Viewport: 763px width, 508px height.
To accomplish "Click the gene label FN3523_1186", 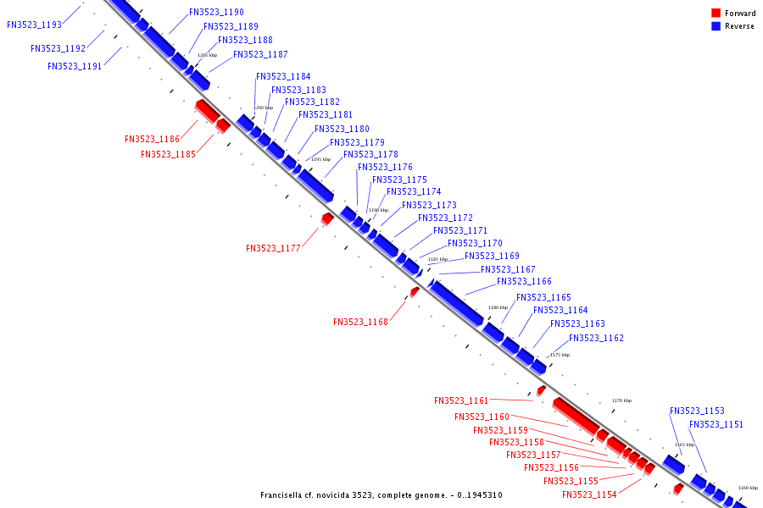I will coord(152,139).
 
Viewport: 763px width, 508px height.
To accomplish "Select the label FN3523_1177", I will coord(273,248).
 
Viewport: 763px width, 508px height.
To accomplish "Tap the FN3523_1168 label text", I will coord(360,322).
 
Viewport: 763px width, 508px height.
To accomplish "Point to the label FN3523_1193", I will coord(34,25).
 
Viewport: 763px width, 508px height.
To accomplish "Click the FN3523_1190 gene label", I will coord(216,13).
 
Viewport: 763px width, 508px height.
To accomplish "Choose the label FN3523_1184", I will coord(283,77).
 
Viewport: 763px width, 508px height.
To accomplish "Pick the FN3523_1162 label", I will coord(596,339).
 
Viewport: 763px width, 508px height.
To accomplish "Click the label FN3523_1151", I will coord(716,425).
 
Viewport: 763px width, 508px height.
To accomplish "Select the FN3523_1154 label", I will coord(589,494).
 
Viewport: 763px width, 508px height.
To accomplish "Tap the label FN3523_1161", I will coord(461,400).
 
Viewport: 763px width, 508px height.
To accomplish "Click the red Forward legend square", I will coord(716,14).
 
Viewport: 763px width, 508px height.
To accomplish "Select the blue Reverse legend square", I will coord(716,26).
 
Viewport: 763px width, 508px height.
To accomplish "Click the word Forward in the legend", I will coord(740,14).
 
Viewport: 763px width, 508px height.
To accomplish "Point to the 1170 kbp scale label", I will coord(621,400).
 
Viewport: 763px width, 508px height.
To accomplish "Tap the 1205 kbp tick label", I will coord(207,55).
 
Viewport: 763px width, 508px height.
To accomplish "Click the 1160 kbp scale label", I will coord(748,488).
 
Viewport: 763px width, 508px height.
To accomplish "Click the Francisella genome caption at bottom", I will coord(381,495).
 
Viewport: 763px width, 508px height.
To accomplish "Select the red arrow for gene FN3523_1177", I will coord(326,219).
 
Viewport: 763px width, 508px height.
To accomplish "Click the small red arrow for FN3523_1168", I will coord(415,291).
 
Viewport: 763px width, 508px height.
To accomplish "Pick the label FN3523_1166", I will coord(524,282).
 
